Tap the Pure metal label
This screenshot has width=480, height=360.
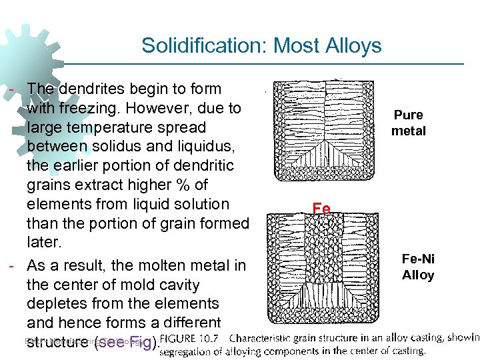tap(408, 123)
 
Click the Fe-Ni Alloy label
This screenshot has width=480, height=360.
tap(417, 267)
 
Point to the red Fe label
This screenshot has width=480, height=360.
tap(321, 209)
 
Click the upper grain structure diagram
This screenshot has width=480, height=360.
tap(325, 131)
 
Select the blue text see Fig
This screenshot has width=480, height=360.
tap(127, 343)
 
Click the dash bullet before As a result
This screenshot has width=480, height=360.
tap(12, 265)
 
